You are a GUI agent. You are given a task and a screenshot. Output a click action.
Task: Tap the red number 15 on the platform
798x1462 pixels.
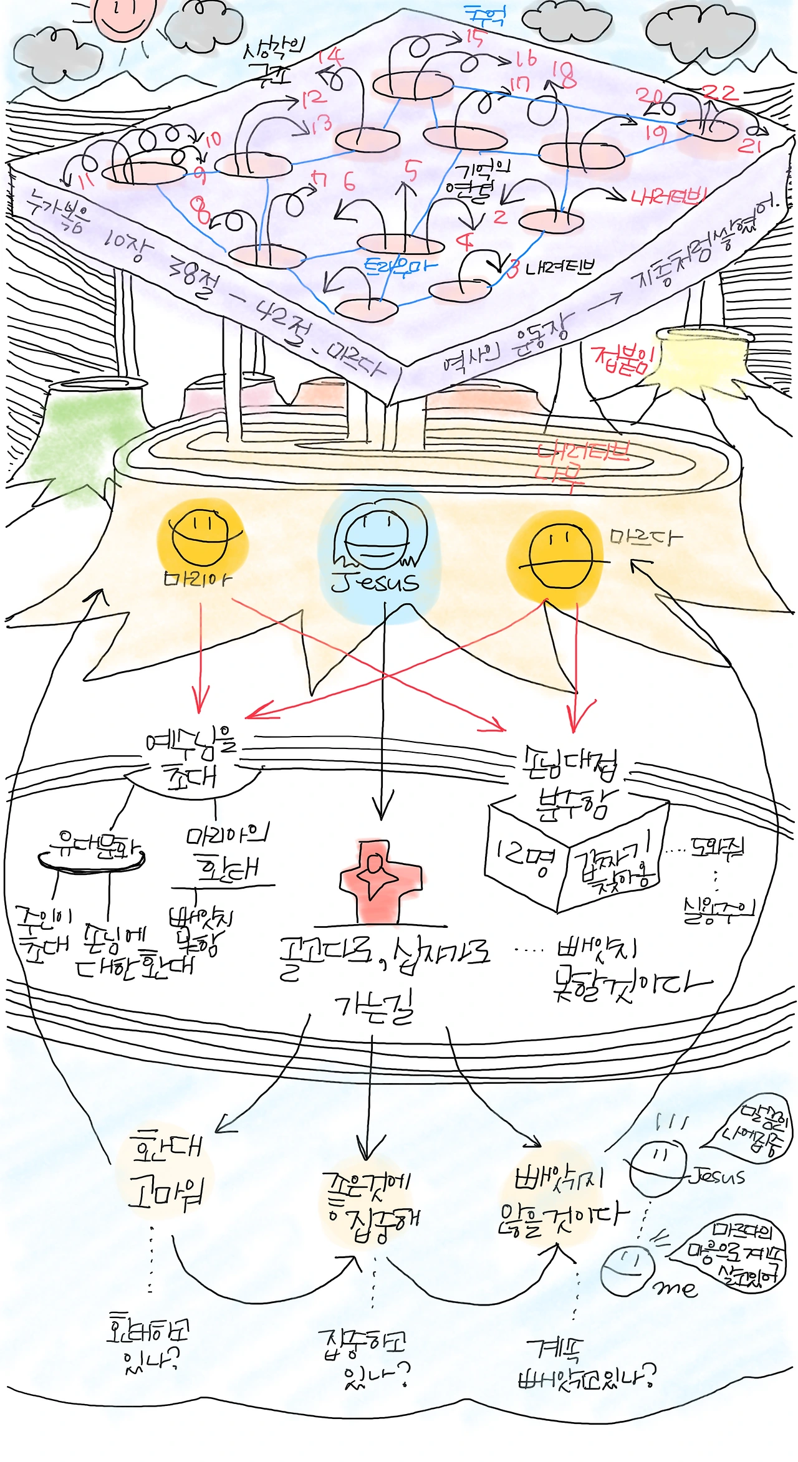[474, 39]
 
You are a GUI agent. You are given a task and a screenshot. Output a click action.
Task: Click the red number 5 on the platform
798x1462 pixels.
[412, 169]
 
